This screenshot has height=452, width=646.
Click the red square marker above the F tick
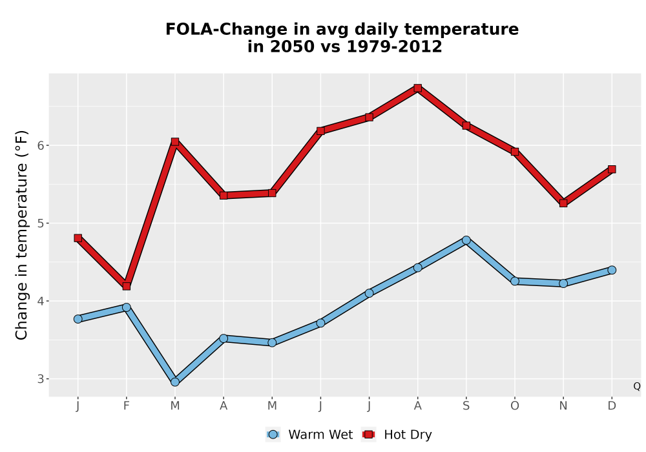[127, 286]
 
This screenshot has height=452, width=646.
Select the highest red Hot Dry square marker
[418, 88]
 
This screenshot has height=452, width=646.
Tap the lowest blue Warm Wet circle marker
[175, 382]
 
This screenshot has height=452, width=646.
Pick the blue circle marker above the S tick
[466, 240]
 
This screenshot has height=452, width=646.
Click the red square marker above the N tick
[563, 203]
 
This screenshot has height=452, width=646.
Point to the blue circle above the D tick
[612, 270]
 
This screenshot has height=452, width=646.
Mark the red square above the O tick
[515, 152]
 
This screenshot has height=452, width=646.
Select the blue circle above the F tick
[127, 307]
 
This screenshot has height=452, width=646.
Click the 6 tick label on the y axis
[41, 146]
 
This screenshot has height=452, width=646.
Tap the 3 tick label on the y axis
[41, 379]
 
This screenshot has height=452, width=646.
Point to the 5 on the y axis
[41, 223]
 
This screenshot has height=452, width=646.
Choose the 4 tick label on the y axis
[41, 301]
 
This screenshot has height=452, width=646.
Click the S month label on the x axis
[466, 406]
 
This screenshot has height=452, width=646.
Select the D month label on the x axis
[612, 406]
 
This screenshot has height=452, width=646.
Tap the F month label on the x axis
[127, 406]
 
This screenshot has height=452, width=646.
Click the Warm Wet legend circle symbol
[273, 435]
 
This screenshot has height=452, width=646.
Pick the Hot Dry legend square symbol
[368, 435]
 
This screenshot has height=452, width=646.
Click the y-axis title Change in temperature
[21, 235]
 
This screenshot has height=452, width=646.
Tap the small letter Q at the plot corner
[637, 386]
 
